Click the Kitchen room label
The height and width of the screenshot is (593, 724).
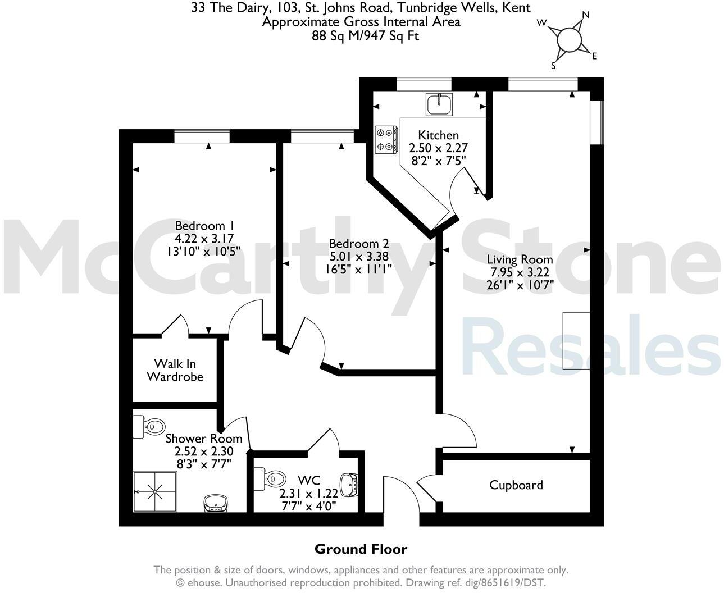pos(438,135)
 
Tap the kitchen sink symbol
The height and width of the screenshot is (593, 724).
pos(439,104)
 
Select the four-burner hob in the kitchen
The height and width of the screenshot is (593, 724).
pos(387,139)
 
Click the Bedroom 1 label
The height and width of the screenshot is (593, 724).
pos(200,226)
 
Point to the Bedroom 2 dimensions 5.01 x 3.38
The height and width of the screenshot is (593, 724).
pos(359,256)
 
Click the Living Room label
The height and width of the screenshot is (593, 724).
pos(520,259)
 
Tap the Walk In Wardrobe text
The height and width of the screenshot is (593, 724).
pos(175,370)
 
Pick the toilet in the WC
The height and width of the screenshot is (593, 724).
pos(269,479)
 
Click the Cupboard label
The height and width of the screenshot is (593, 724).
pos(516,485)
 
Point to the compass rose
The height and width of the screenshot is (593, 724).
pos(568,40)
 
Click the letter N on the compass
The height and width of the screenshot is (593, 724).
pos(586,15)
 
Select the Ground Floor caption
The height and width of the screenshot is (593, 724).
pos(361,549)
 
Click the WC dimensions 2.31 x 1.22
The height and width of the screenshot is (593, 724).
pos(309,492)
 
